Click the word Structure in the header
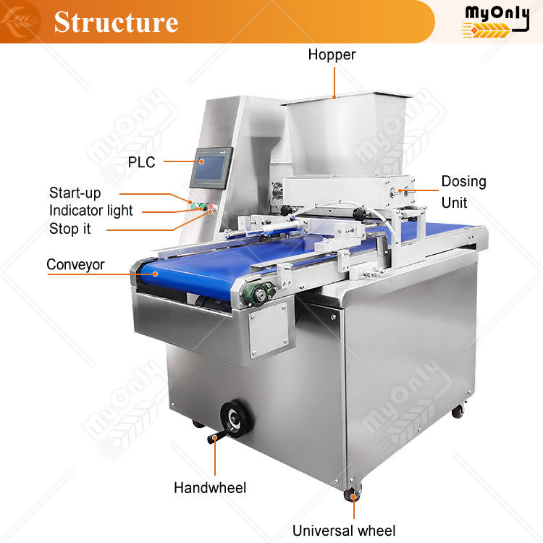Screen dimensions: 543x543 coord(116,22)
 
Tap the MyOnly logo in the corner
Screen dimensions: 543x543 coord(496,20)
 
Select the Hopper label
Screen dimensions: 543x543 coord(332,54)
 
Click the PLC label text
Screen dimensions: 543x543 coord(141,162)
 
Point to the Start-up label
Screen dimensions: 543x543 coord(75,193)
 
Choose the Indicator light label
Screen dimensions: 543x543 coord(91,211)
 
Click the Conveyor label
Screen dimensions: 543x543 coord(75,264)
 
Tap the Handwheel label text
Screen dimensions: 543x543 coord(210,488)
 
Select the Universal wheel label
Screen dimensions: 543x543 coord(343,530)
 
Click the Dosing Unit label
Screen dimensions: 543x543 coord(463,192)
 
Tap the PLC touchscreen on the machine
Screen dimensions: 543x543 coord(213,171)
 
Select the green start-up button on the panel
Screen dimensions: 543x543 coord(195,206)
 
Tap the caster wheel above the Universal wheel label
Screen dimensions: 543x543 coord(353,495)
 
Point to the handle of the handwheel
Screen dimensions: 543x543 coord(214,437)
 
